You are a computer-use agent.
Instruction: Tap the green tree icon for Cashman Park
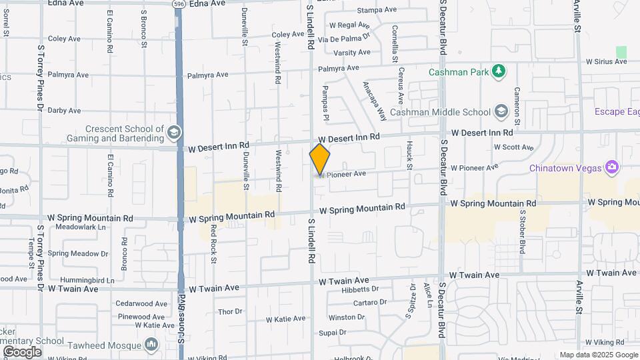[x=497, y=71]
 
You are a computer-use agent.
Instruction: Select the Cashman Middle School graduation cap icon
[x=503, y=112]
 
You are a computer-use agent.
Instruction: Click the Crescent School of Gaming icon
[x=174, y=132]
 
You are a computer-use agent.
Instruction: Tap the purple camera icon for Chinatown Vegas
[x=612, y=167]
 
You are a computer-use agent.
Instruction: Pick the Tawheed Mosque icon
[x=151, y=344]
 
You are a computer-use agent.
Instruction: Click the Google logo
[x=22, y=351]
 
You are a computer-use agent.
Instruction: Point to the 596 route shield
[x=177, y=4]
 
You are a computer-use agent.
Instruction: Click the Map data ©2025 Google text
[x=598, y=355]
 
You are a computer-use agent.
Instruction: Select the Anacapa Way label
[x=374, y=101]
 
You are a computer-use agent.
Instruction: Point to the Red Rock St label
[x=214, y=235]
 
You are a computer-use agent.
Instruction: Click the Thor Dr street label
[x=230, y=311]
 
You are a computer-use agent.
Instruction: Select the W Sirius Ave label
[x=606, y=61]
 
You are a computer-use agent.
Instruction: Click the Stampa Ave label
[x=377, y=10]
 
